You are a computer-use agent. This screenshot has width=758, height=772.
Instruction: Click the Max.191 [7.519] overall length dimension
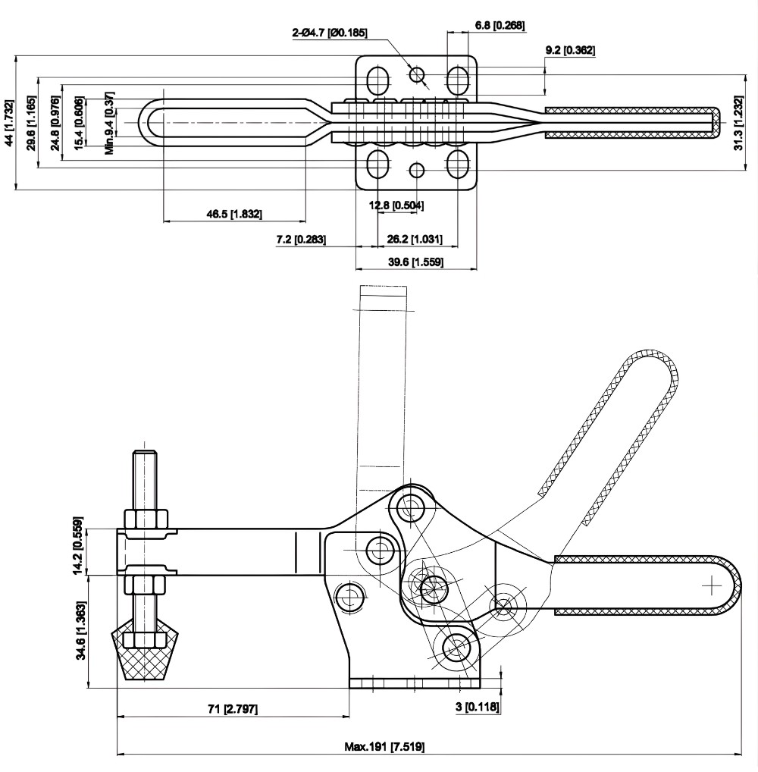pos(385,746)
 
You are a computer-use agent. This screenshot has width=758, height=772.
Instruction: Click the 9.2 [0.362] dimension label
pos(570,51)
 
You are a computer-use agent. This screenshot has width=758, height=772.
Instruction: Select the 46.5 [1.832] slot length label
pos(234,215)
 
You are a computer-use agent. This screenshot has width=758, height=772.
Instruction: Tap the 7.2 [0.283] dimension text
pos(301,240)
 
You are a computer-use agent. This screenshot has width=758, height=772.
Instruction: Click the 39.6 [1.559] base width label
pos(415,262)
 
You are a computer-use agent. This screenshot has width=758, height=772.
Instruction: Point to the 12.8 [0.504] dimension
pos(396,205)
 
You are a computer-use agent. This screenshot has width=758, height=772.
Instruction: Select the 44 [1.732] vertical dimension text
pos(8,122)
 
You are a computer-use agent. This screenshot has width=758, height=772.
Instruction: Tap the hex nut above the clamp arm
pos(144,519)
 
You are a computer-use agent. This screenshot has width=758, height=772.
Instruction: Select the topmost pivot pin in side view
pos(412,504)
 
